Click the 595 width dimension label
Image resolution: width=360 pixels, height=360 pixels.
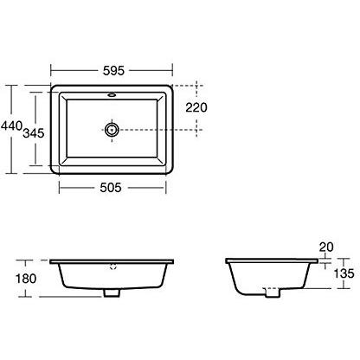coord(113,71)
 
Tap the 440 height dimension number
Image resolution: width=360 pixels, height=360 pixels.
coord(11,125)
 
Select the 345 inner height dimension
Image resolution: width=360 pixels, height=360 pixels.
coord(34,133)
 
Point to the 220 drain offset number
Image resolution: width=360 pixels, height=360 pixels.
coord(196,107)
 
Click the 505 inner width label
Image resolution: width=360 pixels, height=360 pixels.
coord(111,188)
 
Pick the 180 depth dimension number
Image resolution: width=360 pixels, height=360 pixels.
coord(26,279)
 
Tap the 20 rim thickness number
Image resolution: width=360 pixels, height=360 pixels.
coord(326,247)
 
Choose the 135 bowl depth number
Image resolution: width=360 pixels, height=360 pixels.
coord(344,273)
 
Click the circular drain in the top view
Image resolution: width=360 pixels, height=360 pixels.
coord(112,130)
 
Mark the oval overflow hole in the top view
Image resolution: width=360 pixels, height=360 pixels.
coord(112,94)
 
